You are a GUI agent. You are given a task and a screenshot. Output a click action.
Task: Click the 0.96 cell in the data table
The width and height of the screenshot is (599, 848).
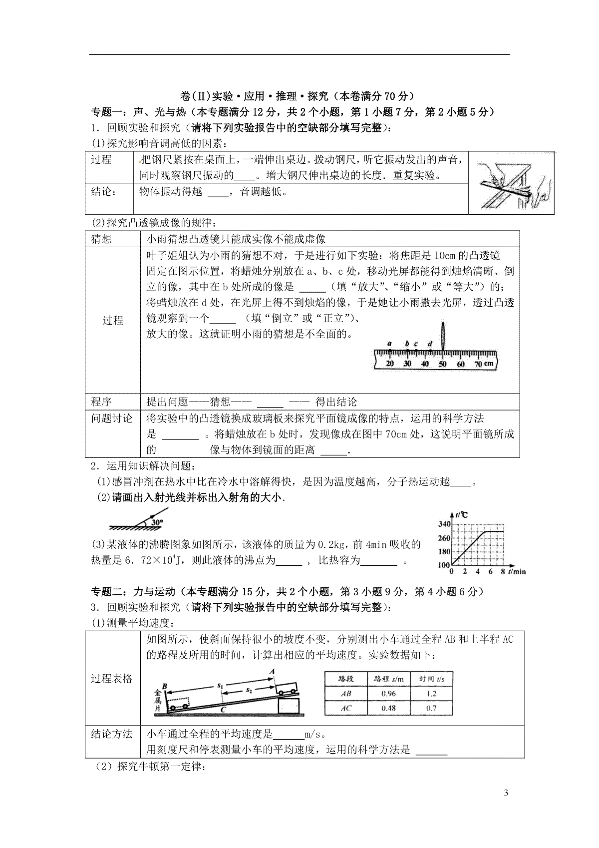388,693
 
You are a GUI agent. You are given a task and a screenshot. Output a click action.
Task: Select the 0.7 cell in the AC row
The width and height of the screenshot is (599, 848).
431,708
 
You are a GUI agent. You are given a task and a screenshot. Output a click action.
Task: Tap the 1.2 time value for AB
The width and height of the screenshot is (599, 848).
431,693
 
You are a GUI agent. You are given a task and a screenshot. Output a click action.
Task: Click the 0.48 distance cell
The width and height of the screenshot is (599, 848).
388,708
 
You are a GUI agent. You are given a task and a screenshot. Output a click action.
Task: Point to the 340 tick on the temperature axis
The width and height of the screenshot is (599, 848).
444,524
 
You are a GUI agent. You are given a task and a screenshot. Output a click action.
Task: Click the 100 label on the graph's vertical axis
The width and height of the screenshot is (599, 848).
444,565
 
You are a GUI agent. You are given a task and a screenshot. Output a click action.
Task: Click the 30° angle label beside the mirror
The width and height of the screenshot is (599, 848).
158,522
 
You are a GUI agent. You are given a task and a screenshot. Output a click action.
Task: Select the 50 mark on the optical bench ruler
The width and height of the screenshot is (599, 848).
442,364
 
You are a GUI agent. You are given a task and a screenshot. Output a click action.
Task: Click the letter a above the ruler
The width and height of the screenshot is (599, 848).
389,344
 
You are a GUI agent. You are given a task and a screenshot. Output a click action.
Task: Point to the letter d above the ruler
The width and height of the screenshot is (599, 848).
430,344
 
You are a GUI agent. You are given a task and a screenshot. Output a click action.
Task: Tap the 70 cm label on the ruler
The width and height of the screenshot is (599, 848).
483,364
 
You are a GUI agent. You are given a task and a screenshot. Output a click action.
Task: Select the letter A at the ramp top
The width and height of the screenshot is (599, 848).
272,672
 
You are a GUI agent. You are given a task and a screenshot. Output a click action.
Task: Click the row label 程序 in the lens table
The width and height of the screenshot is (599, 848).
101,402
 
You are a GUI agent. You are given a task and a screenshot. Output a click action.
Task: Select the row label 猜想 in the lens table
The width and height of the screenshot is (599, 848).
101,239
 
